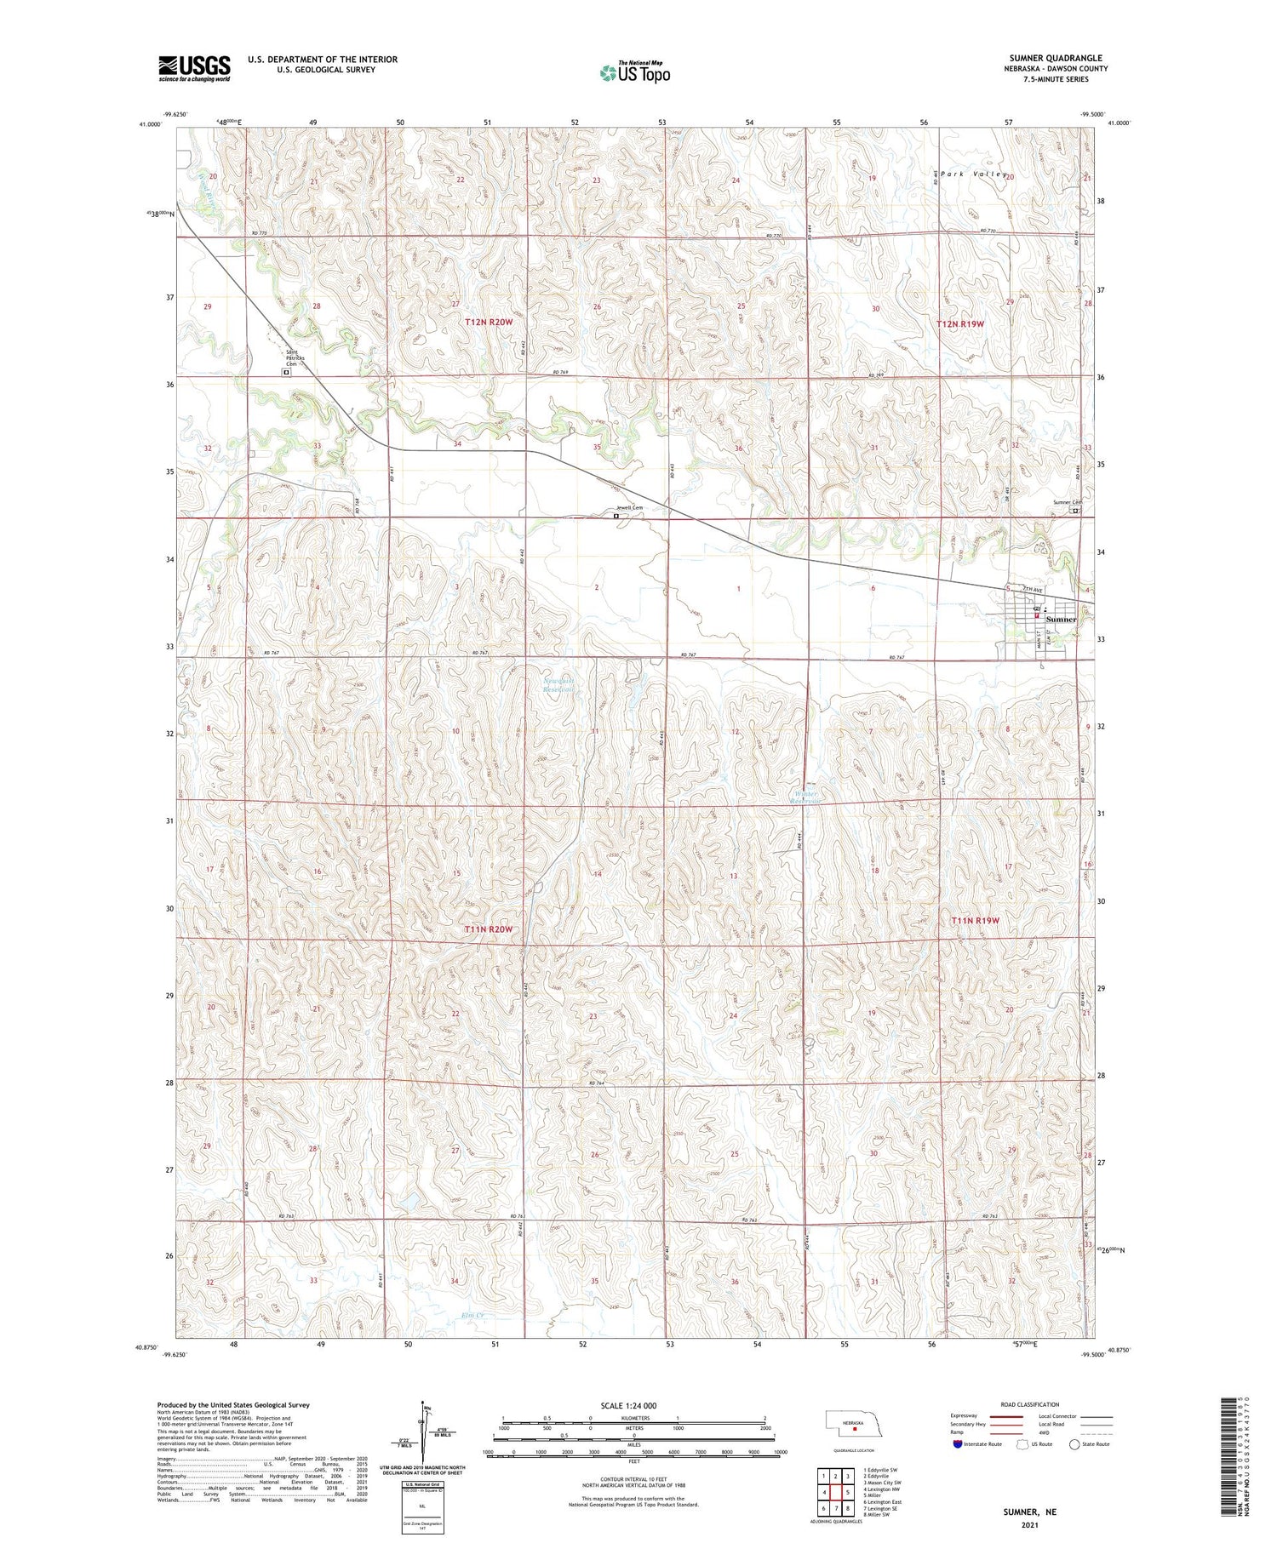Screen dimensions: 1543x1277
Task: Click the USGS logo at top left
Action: pos(194,68)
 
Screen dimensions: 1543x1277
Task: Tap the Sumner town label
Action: pos(1061,620)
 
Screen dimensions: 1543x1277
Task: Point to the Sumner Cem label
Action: pos(1066,503)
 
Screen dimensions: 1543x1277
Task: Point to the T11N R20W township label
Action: pos(489,929)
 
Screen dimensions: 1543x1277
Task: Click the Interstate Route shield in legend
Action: pos(959,1444)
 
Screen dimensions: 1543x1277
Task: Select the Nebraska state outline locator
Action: pos(852,1424)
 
